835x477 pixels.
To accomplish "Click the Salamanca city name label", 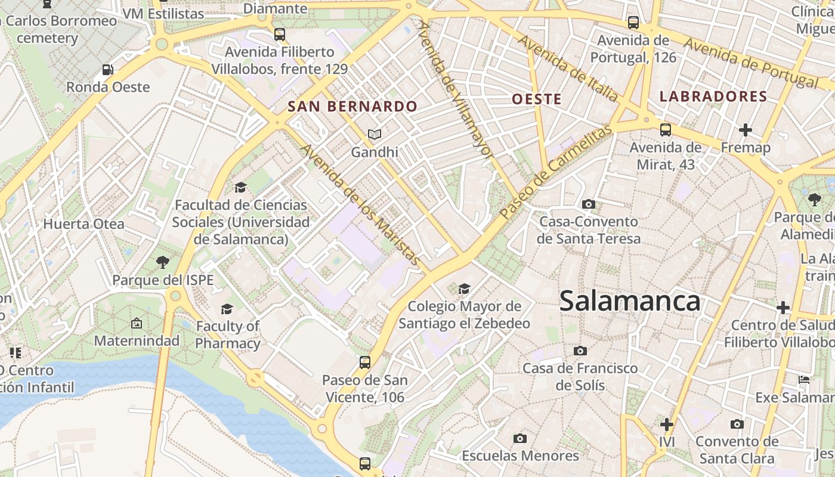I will (x=630, y=301).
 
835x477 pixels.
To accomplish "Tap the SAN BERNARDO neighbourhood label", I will (x=352, y=107).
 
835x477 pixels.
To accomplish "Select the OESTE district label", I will (x=537, y=99).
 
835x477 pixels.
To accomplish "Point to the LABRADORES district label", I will (x=713, y=97).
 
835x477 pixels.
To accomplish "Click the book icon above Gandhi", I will (x=374, y=135).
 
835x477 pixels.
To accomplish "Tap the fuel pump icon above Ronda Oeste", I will (x=108, y=70).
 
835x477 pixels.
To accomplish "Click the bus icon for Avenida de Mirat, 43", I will (x=666, y=130).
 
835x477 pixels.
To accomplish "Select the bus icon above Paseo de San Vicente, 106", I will (x=364, y=362).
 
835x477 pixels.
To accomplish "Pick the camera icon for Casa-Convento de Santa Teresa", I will (x=589, y=205).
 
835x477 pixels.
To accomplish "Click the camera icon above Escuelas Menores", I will (x=520, y=439).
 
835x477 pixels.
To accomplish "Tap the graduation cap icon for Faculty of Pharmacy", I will (x=227, y=309).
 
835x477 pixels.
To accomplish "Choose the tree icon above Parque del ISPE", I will (x=162, y=262).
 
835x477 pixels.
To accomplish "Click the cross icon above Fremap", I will (x=745, y=130).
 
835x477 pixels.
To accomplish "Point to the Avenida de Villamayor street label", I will (x=456, y=89).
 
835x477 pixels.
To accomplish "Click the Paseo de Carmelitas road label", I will (x=556, y=172).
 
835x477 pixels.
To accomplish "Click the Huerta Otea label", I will (x=84, y=224).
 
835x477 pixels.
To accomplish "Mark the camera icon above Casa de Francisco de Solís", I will (x=580, y=351).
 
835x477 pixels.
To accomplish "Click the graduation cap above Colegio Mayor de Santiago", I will (x=464, y=289).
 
